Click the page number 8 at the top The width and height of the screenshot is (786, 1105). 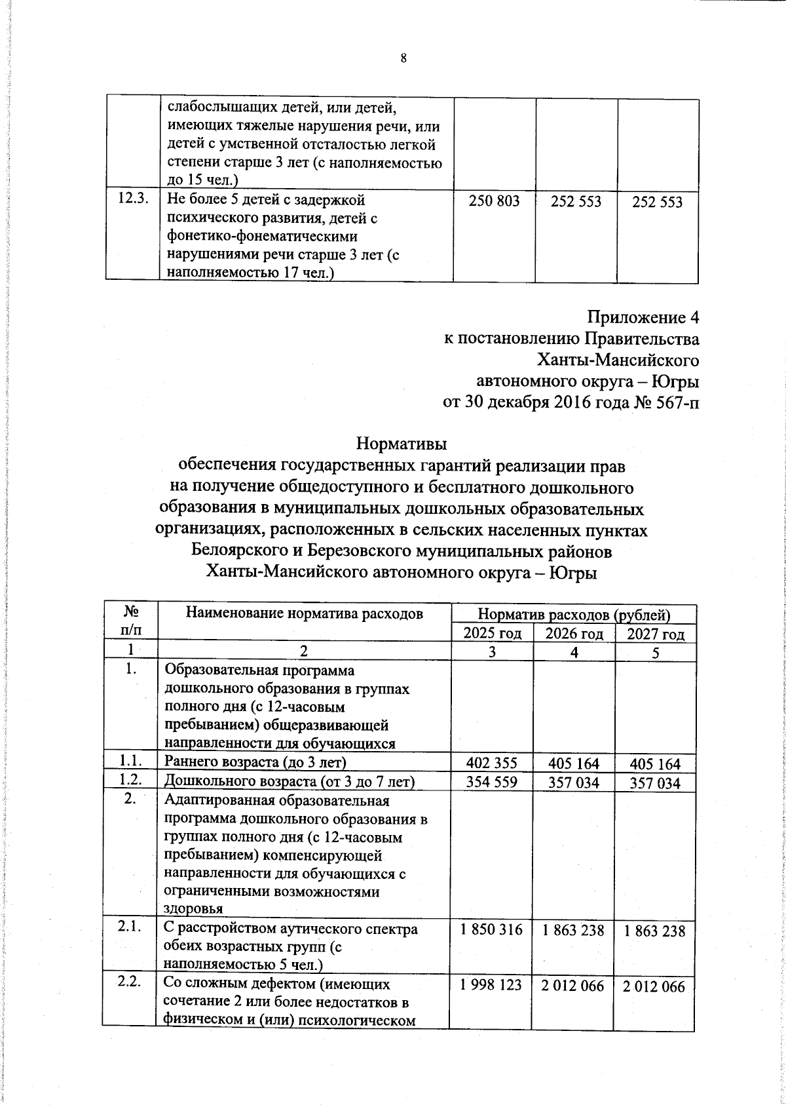(403, 59)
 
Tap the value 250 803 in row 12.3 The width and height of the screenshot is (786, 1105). (495, 201)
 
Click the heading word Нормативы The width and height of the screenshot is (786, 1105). (401, 444)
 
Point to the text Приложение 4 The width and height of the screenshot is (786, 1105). (643, 318)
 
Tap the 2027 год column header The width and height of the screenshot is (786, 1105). (656, 634)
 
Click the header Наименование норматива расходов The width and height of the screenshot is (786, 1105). (305, 613)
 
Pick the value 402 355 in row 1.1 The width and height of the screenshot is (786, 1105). (491, 763)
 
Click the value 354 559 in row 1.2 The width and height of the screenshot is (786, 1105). (491, 782)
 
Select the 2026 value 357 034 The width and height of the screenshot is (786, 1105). (573, 783)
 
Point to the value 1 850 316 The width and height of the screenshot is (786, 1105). (492, 929)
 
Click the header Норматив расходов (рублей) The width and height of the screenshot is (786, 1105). (574, 615)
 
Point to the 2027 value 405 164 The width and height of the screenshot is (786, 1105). (655, 764)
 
